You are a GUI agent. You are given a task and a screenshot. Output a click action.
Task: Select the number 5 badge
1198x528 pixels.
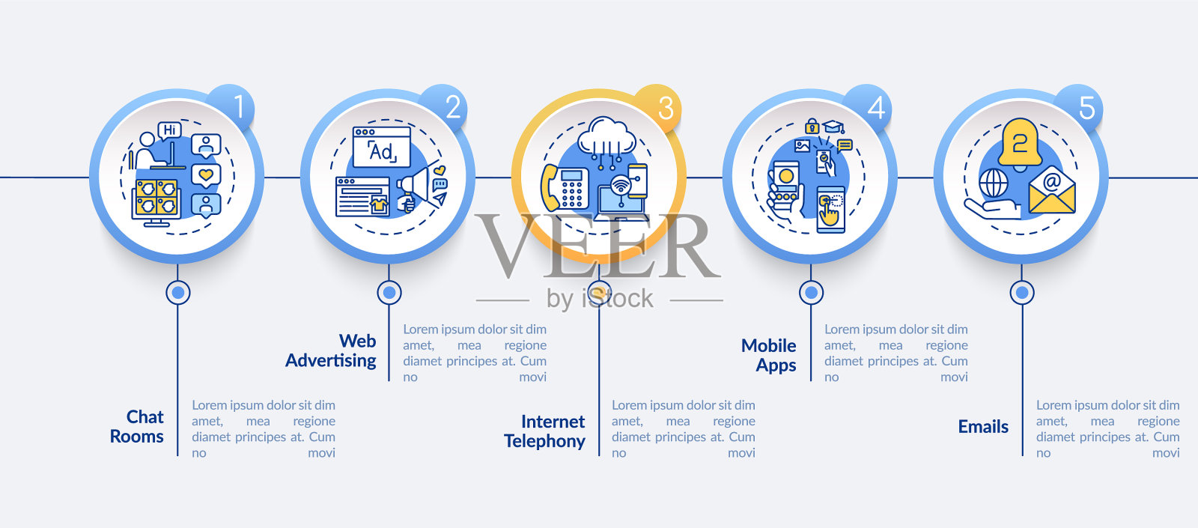[1083, 107]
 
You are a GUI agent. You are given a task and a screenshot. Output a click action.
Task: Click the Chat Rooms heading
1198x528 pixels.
[137, 426]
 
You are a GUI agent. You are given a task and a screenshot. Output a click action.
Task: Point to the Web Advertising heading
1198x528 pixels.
[332, 351]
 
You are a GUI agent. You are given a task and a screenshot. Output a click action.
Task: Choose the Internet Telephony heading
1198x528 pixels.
[545, 431]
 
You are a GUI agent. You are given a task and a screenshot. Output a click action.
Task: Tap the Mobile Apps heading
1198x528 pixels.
[769, 355]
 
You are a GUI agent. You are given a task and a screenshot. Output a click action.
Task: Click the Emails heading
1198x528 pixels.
[983, 426]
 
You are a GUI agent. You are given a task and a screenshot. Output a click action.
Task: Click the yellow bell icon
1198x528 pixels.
[1019, 143]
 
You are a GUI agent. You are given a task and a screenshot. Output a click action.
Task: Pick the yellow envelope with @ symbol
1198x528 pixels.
[1052, 189]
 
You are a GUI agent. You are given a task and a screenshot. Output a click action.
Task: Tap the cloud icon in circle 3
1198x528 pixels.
[607, 136]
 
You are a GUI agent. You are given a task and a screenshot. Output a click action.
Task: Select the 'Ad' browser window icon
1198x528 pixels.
[382, 147]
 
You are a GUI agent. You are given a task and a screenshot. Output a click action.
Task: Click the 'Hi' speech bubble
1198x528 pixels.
[170, 130]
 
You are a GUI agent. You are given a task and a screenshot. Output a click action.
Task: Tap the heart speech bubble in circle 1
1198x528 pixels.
[206, 176]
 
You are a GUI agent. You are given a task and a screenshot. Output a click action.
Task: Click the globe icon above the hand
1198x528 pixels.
[994, 183]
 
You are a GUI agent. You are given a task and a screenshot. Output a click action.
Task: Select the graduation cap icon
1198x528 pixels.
[833, 127]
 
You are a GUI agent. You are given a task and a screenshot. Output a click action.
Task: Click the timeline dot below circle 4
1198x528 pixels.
[811, 292]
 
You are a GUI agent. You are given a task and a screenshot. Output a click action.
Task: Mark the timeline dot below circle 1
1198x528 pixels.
[178, 292]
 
